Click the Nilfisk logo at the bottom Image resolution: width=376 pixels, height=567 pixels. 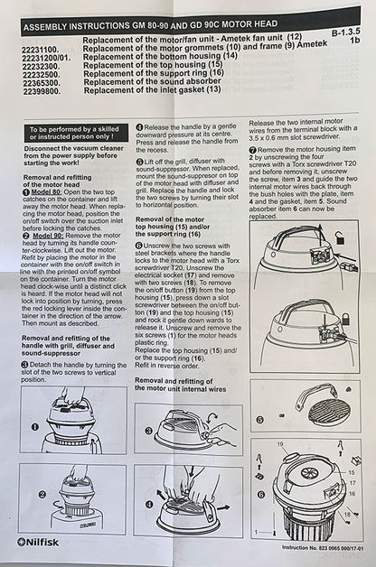pos(37,543)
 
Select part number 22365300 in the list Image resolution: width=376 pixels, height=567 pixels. pos(41,84)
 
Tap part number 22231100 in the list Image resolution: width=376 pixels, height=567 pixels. pos(41,51)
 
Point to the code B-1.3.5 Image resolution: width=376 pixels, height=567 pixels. pos(345,33)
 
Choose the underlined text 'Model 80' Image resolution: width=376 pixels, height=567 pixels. pos(47,192)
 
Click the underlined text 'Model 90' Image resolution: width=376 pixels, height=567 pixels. pos(49,236)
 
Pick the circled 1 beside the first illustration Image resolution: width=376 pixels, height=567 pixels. pos(35,427)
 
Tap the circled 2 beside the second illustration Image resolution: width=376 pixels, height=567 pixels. pos(42,494)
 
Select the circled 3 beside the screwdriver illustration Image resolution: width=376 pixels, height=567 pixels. pos(148,431)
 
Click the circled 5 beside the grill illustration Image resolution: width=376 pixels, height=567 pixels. pos(259,420)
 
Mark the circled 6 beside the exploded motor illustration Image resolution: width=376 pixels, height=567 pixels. pos(260,494)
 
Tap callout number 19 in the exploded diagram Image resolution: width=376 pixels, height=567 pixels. pos(280,444)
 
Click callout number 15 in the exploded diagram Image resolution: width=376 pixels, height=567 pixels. pos(352,472)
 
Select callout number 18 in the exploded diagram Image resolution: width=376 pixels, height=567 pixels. pos(347,515)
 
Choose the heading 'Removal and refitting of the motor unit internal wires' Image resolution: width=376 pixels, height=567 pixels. pos(180,386)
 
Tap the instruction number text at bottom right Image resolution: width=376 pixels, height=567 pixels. pos(323,548)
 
